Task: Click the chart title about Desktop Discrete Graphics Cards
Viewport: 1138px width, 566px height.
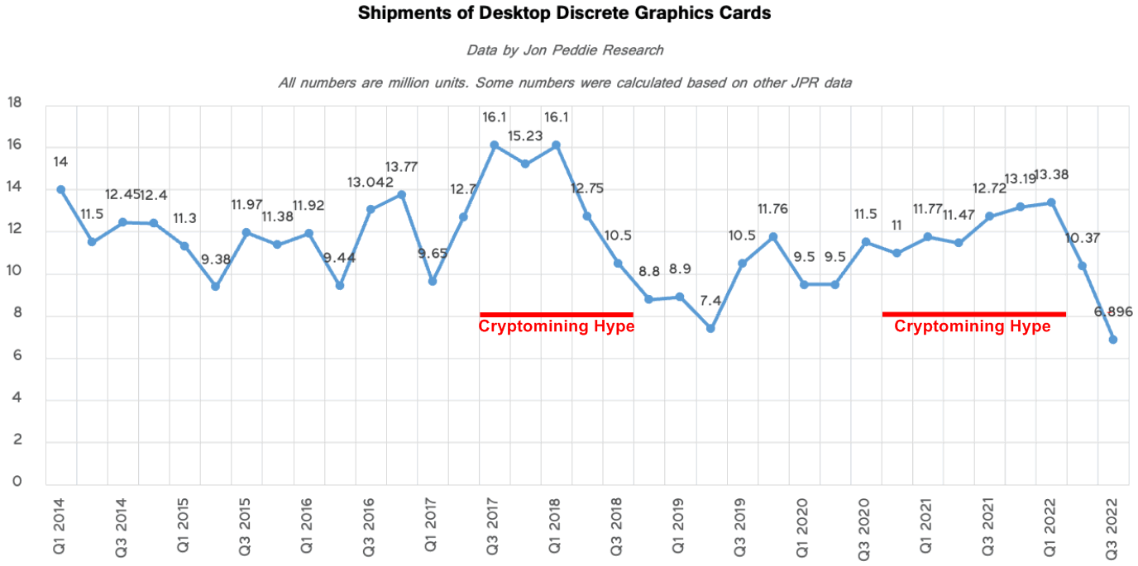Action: coord(564,14)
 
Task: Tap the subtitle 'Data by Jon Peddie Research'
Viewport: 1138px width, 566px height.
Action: coord(565,50)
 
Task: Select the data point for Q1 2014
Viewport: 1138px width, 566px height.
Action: coord(60,189)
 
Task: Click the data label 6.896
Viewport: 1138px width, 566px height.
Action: coord(1113,312)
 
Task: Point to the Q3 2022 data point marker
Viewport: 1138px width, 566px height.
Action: coord(1113,340)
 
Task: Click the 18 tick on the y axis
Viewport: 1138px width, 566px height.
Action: coord(14,103)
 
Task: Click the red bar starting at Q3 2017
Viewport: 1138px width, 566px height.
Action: coord(557,314)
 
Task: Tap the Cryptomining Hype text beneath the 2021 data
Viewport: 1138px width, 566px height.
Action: coord(973,326)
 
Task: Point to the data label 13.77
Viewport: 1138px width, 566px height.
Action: coord(401,168)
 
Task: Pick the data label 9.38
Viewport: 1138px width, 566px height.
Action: coord(216,259)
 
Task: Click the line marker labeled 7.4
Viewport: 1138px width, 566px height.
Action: coord(710,328)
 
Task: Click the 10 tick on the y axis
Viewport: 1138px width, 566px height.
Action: coord(14,273)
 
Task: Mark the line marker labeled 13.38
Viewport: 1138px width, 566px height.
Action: coord(1051,202)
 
